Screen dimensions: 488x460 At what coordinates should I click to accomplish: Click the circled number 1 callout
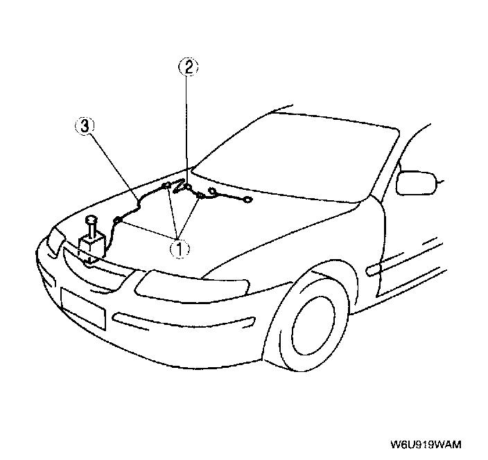click(179, 247)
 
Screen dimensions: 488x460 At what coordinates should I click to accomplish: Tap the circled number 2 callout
click(189, 67)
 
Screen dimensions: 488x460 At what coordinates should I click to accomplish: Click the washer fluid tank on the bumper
click(91, 247)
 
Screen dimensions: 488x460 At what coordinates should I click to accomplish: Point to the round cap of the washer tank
click(91, 220)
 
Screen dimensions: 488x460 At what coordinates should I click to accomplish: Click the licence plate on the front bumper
click(82, 307)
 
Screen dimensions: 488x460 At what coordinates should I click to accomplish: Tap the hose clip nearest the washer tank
click(117, 221)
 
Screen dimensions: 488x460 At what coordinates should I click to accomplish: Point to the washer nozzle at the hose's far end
click(247, 201)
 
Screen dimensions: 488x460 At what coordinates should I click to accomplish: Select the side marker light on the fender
click(378, 267)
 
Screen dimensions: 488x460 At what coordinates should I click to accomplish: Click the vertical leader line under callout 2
click(188, 125)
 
